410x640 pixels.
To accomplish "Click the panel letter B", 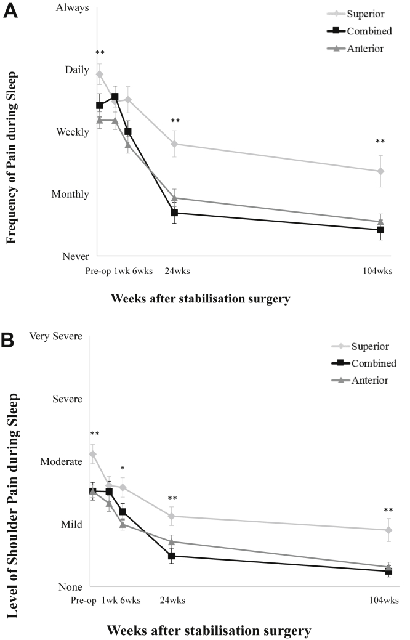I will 10,341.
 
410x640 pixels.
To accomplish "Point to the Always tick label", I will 72,8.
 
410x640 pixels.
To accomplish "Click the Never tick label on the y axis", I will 74,256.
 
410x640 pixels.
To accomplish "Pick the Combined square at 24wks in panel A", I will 174,213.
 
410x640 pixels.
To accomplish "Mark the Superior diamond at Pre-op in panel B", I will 93,454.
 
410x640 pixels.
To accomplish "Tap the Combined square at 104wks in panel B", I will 388,571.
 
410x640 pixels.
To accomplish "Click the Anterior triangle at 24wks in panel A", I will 174,198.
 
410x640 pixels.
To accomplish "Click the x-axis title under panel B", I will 209,630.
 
